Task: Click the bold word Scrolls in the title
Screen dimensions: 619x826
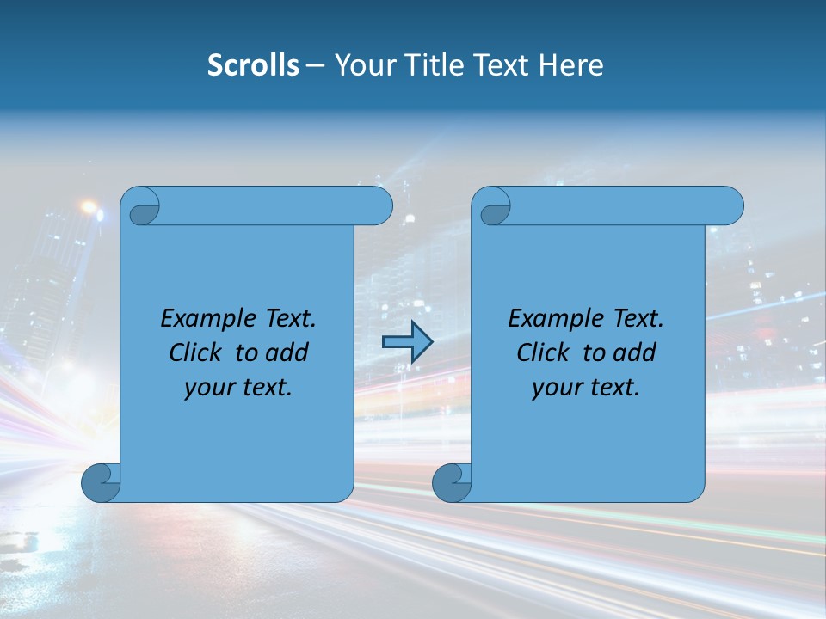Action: pos(253,65)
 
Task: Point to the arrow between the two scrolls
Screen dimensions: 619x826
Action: pos(406,342)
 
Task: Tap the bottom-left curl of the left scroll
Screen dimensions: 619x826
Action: pos(102,482)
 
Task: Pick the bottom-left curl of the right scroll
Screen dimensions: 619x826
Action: pos(453,482)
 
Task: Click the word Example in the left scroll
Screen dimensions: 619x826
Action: pos(205,319)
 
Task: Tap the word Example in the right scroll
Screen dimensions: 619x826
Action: pos(552,319)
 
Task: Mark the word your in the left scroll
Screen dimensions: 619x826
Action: pos(208,388)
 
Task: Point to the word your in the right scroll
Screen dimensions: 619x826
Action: pos(556,388)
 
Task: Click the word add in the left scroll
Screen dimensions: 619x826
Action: pos(288,352)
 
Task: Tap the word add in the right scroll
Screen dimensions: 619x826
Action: pos(636,352)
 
